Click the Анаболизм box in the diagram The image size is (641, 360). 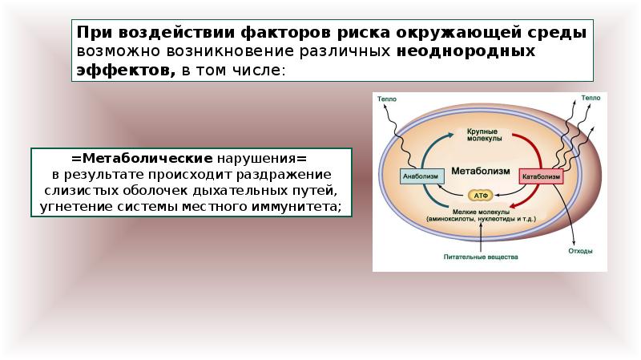tap(420, 177)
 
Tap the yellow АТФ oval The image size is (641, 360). tap(481, 195)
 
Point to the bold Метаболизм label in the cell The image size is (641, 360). tap(481, 171)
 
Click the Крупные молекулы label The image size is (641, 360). tap(482, 135)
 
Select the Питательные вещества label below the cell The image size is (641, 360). tap(482, 257)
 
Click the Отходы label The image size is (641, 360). tap(580, 251)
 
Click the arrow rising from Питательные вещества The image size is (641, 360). tap(481, 237)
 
